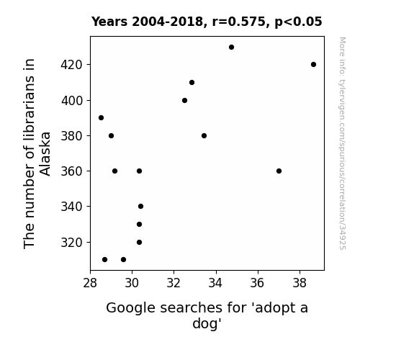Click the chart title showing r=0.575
[x=207, y=22]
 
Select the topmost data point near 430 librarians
[x=232, y=48]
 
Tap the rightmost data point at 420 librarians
[x=313, y=65]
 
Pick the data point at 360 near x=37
[x=279, y=171]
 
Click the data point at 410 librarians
[x=192, y=82]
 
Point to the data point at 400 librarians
[x=184, y=100]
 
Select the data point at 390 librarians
[x=101, y=118]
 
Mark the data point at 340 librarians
[x=140, y=207]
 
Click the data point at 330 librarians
[x=140, y=224]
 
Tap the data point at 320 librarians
[x=140, y=242]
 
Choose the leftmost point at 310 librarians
[x=105, y=260]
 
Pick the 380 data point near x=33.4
[x=204, y=136]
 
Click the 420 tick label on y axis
[x=72, y=65]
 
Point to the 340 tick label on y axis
[x=72, y=207]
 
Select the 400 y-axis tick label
[x=72, y=101]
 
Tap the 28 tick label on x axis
[x=90, y=283]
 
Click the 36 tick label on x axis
[x=258, y=283]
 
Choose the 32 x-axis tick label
[x=174, y=283]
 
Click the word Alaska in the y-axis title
[x=45, y=153]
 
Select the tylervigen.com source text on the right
[x=342, y=143]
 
